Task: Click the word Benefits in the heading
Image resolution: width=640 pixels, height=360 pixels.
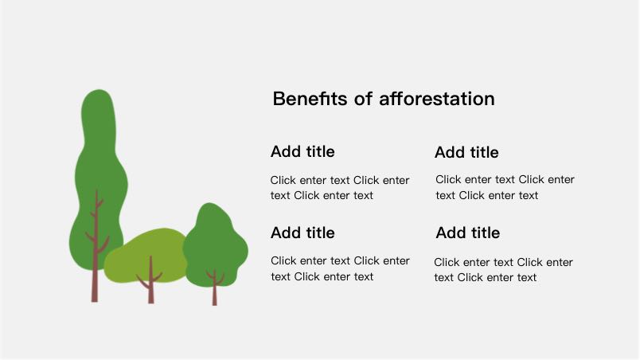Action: (310, 99)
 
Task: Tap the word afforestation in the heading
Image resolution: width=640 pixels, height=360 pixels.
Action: (437, 99)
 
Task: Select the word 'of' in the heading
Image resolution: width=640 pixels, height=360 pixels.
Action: (363, 99)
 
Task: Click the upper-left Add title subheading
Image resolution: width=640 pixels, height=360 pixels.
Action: (302, 151)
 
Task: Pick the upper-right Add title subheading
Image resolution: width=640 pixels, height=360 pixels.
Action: (466, 152)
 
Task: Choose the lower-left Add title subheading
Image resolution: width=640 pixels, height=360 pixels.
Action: (302, 233)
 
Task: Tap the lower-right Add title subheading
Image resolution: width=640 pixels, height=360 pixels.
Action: (468, 233)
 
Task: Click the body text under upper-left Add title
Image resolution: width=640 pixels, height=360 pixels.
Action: (340, 188)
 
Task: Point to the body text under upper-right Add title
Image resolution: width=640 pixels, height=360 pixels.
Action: (505, 187)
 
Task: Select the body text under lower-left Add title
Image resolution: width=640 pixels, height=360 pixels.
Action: (340, 268)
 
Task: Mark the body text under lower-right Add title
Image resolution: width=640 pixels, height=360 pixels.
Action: (503, 270)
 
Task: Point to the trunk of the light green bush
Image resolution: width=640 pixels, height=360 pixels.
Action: (150, 282)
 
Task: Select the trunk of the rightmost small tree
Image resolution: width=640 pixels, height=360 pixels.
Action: (215, 288)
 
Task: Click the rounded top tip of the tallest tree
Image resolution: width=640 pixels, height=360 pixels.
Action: (99, 90)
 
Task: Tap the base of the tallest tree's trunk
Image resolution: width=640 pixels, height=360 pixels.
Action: (94, 301)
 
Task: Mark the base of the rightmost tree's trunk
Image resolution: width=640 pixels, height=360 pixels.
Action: (215, 304)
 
